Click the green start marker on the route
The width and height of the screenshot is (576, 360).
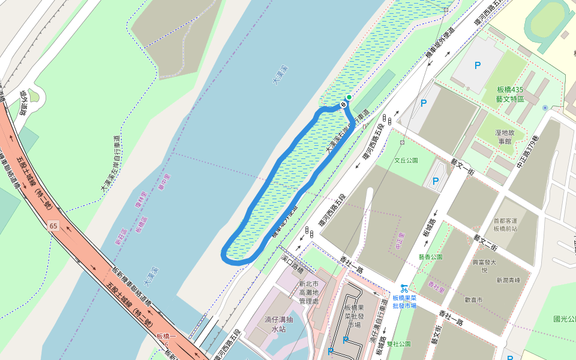[x=349, y=97]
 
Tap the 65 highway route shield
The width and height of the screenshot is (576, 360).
[x=53, y=225]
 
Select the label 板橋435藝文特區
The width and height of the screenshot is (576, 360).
[x=510, y=94]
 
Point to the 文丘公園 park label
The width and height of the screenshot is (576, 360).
[x=406, y=161]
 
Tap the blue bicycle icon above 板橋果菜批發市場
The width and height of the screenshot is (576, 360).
[x=404, y=288]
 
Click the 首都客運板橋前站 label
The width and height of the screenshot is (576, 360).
[x=505, y=224]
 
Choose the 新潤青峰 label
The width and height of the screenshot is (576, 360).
[x=508, y=280]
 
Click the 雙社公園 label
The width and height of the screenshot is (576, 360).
[x=398, y=344]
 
